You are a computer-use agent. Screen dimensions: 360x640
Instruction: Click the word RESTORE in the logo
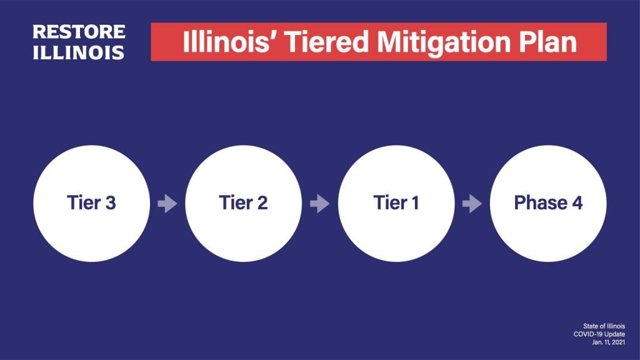click(79, 32)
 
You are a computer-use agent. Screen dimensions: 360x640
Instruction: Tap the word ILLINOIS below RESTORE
click(79, 52)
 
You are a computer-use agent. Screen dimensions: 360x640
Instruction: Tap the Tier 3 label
click(91, 203)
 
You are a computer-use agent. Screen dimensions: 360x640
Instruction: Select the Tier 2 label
click(243, 203)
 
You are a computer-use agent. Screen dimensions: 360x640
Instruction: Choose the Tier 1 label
click(396, 203)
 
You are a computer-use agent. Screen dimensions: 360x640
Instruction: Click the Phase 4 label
click(548, 203)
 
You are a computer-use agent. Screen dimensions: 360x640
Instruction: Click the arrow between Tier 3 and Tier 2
click(167, 204)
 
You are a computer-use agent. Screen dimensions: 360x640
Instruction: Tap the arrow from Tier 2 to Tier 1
click(319, 204)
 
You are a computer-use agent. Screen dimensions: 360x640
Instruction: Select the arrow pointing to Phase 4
click(472, 204)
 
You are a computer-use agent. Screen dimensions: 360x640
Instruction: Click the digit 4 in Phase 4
click(577, 203)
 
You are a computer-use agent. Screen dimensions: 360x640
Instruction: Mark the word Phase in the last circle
click(539, 203)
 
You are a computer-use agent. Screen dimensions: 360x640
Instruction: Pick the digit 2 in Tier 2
click(262, 203)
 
